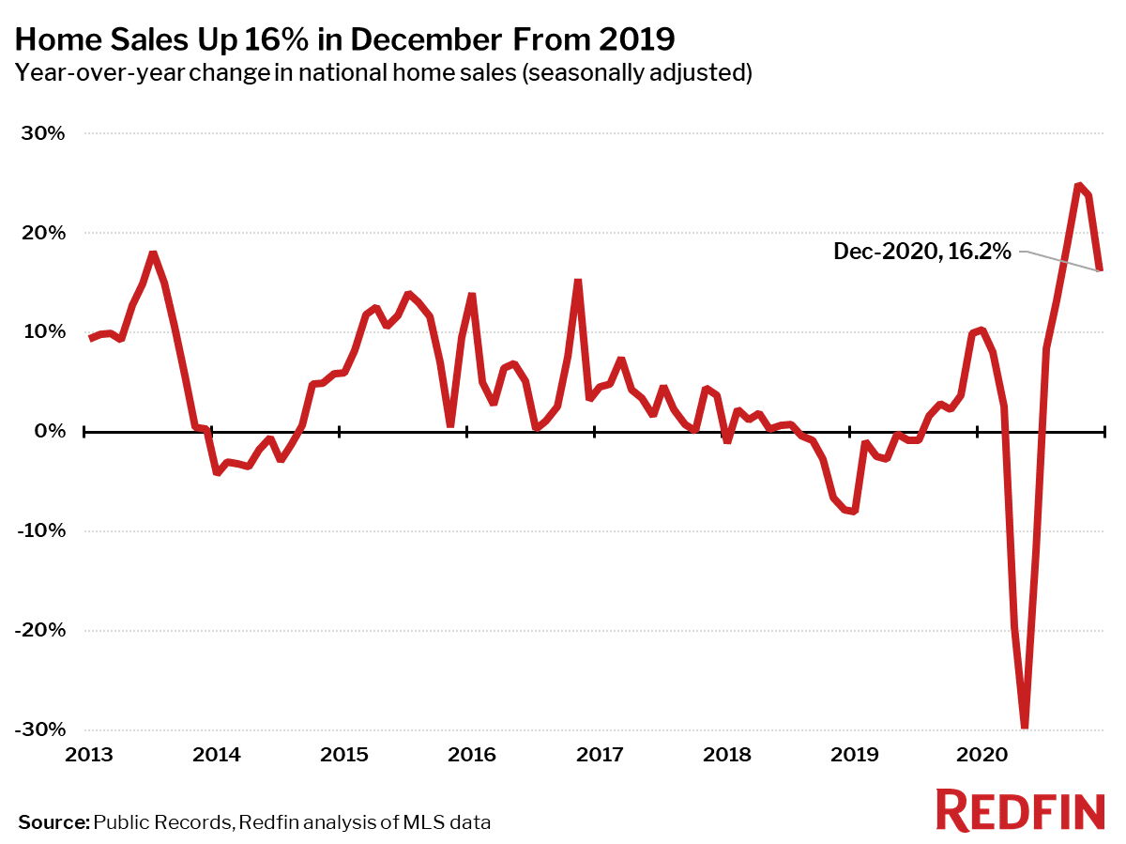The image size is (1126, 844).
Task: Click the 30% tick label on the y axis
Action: (x=43, y=133)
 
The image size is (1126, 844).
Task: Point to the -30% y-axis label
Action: (x=40, y=730)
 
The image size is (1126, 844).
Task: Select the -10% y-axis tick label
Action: (x=40, y=531)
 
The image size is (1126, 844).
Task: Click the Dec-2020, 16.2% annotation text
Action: (x=922, y=251)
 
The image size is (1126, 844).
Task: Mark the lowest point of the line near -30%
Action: (x=1025, y=726)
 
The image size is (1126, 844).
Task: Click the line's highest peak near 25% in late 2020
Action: (x=1078, y=185)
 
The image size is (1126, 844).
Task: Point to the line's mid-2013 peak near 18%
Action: (x=153, y=253)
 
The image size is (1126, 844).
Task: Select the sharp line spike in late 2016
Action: (x=578, y=282)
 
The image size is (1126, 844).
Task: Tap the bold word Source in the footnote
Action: (x=53, y=822)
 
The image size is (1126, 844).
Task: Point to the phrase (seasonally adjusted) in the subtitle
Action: (x=637, y=73)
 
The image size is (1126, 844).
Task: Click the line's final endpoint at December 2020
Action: (x=1102, y=270)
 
